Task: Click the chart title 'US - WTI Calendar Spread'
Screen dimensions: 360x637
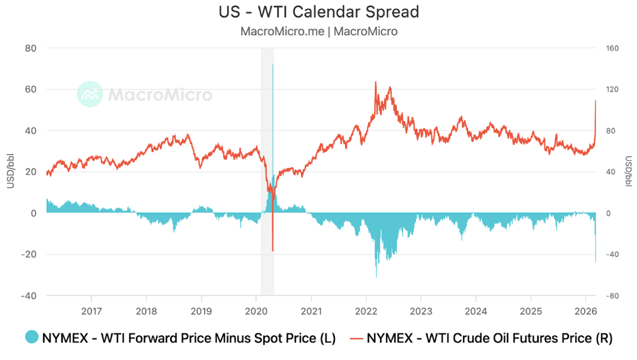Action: pos(318,11)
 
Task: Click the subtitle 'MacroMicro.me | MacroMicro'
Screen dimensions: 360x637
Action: pos(318,31)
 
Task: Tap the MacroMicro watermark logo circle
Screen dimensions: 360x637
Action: pos(90,94)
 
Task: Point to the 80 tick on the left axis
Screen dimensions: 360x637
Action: pos(31,48)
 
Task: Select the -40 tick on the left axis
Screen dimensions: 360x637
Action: pos(28,296)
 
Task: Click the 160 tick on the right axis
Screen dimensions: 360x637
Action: pos(612,48)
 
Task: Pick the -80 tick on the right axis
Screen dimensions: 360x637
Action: pos(612,296)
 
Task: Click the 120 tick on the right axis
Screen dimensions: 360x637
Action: pos(612,89)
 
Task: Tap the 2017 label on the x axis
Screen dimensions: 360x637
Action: pos(91,311)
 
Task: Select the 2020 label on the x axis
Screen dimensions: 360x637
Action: pos(256,311)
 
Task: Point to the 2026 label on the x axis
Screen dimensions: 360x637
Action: pos(586,311)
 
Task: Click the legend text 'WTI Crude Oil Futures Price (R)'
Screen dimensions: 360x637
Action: pos(489,338)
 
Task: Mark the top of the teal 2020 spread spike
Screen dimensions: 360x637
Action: pos(273,65)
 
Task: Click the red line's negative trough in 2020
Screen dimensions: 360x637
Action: pos(273,250)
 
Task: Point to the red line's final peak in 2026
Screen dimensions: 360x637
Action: pos(595,101)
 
